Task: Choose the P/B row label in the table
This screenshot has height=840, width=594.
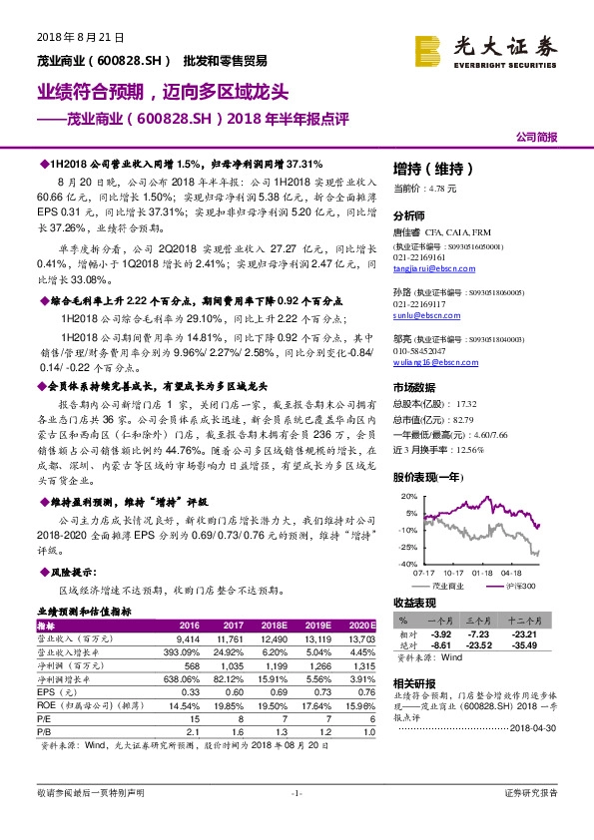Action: (44, 728)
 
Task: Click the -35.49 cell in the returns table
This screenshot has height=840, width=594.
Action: (521, 646)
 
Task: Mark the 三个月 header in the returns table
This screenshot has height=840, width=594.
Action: (475, 621)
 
